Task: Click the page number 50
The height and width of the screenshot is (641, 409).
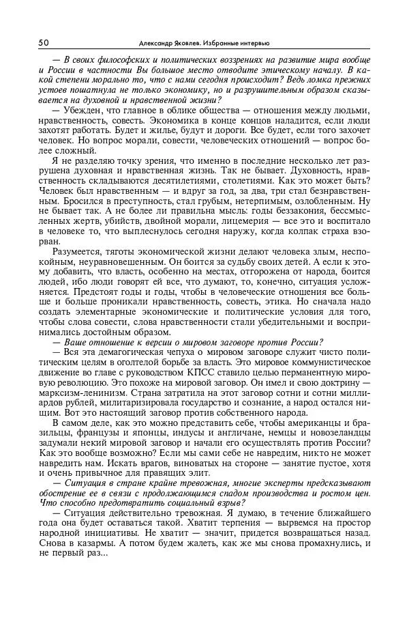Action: [44, 42]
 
